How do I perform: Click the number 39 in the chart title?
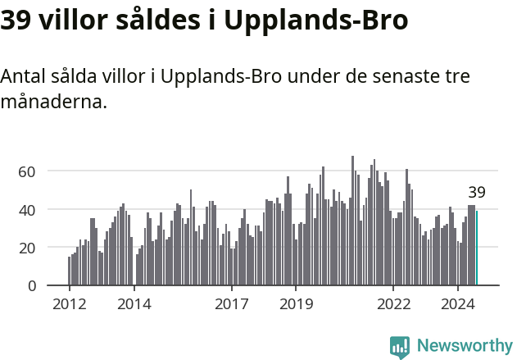click(x=17, y=20)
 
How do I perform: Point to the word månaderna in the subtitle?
click(x=53, y=103)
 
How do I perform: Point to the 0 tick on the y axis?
click(x=31, y=285)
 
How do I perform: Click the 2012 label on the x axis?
click(x=69, y=304)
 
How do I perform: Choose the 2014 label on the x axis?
click(x=134, y=304)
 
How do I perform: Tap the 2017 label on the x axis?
click(x=231, y=304)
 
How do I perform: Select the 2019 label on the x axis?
click(x=296, y=304)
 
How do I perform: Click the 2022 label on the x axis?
click(x=393, y=304)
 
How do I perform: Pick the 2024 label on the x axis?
click(x=458, y=304)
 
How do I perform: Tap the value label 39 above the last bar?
click(x=477, y=194)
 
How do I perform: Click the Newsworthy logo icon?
click(x=400, y=347)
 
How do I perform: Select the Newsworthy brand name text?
click(x=465, y=346)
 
